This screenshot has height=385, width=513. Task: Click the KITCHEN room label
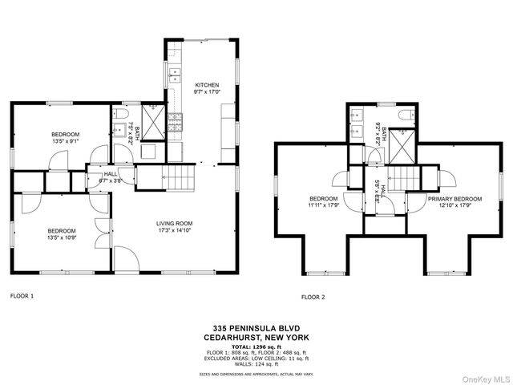click(x=207, y=84)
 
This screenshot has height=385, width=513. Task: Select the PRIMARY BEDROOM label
click(x=454, y=198)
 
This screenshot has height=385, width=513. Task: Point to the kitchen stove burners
click(x=175, y=122)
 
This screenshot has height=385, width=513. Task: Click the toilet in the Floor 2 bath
click(x=407, y=116)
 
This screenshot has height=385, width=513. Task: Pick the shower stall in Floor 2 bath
click(x=406, y=145)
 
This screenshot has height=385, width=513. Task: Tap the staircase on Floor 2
click(x=403, y=177)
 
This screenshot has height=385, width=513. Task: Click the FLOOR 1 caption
click(x=22, y=296)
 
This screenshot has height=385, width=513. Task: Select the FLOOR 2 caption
click(x=313, y=297)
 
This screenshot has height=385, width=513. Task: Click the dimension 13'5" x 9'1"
click(x=65, y=141)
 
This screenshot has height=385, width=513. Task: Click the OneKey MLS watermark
click(x=484, y=378)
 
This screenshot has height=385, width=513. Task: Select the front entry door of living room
click(x=126, y=259)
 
